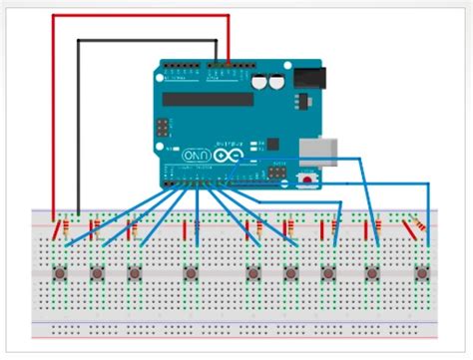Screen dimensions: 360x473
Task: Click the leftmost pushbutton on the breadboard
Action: (61, 273)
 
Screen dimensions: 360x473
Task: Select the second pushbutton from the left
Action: (98, 273)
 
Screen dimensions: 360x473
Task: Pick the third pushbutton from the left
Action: (135, 273)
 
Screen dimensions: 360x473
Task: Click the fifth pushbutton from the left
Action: (253, 273)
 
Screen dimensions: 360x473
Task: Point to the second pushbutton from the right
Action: (371, 273)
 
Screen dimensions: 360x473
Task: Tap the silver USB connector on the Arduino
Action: (316, 149)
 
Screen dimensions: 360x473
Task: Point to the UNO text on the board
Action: (195, 157)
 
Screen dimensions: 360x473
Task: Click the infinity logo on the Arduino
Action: (224, 157)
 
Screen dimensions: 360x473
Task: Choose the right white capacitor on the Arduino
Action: (273, 81)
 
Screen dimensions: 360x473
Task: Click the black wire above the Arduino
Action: (150, 41)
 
